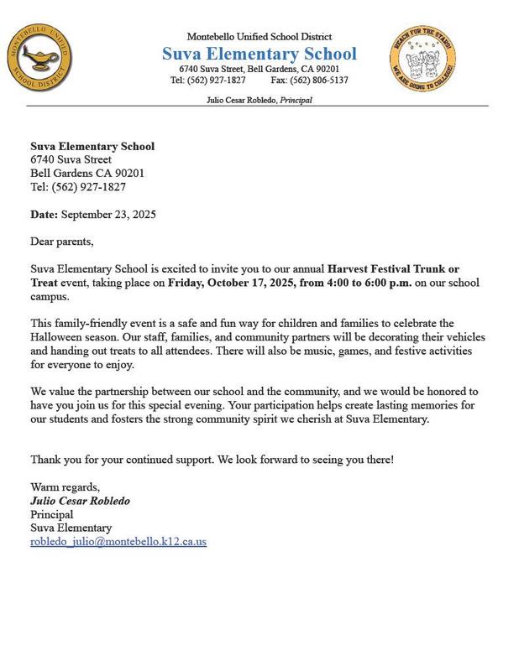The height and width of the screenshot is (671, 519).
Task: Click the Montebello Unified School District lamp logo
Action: click(40, 59)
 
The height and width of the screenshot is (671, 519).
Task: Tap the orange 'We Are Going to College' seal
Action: click(422, 59)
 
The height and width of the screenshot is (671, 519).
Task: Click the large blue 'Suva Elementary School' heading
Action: click(259, 54)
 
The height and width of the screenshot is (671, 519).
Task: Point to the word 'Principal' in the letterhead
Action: click(296, 101)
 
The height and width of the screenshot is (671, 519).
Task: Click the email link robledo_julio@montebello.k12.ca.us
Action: click(118, 542)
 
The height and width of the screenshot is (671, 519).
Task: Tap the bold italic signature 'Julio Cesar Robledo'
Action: click(80, 501)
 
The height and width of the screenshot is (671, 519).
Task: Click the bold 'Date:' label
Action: click(45, 215)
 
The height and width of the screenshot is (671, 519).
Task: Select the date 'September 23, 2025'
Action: click(108, 215)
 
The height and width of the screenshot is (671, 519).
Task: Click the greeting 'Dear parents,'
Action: click(62, 242)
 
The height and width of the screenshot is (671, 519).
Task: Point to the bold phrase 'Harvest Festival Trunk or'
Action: click(393, 269)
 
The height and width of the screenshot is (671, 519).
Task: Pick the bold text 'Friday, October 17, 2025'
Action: click(238, 283)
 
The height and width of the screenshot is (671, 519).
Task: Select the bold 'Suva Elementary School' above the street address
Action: click(92, 147)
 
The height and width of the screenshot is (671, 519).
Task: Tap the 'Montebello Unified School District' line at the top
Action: click(259, 37)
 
